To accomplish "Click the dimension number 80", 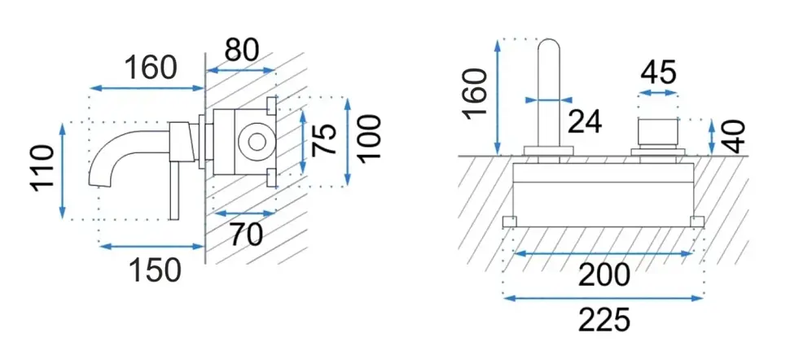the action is (242, 50).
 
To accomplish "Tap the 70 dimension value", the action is (247, 234).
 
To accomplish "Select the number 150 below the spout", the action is (156, 270).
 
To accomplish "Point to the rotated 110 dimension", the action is (43, 168).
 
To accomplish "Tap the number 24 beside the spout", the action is (585, 121).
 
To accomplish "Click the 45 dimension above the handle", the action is (658, 72).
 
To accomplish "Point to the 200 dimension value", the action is (604, 275).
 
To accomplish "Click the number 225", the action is (604, 320).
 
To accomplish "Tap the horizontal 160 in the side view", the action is (151, 68).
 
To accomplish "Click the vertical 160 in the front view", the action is (476, 94).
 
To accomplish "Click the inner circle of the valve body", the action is (257, 141).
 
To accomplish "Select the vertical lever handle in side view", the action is (174, 191).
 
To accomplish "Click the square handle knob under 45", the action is (658, 133).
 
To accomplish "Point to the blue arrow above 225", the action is (603, 298).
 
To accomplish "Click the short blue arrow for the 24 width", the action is (549, 100).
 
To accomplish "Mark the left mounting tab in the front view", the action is (510, 222).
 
